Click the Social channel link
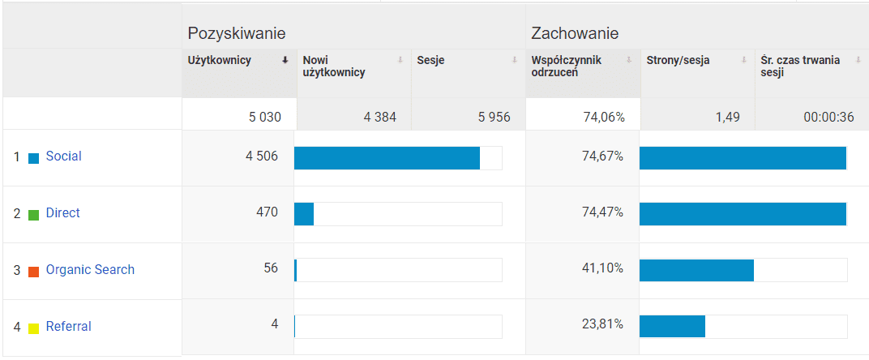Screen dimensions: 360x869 click(63, 156)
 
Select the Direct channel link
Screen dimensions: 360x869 click(62, 213)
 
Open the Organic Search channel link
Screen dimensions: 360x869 click(90, 270)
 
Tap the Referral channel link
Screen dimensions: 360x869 click(68, 327)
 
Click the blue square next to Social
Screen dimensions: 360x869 click(34, 158)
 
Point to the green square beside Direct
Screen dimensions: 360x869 click(34, 215)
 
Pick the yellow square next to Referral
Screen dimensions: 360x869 click(34, 328)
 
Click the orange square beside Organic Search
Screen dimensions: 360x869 click(34, 272)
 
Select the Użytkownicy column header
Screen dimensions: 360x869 click(219, 60)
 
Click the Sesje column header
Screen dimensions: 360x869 click(430, 60)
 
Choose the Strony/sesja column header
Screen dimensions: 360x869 click(678, 60)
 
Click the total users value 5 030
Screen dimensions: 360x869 click(265, 117)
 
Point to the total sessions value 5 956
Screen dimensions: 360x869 click(494, 117)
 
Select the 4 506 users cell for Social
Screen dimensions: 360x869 click(262, 156)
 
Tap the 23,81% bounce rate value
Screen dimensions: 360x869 click(604, 325)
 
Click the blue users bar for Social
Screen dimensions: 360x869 click(387, 158)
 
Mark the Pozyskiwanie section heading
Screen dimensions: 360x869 click(236, 33)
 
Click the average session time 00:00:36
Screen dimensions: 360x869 click(828, 117)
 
